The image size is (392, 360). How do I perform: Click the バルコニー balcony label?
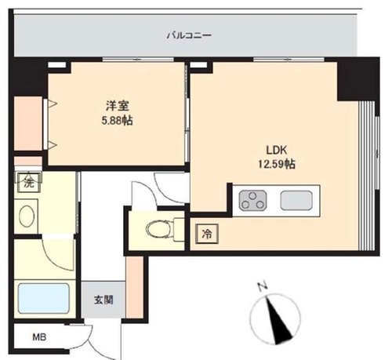point(189,35)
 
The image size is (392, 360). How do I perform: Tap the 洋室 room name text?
point(118,107)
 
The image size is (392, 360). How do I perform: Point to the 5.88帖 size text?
point(117,121)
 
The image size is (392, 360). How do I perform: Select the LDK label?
point(277,151)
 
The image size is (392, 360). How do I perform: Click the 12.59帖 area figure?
point(277,164)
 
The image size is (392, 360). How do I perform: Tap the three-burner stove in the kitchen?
point(252,200)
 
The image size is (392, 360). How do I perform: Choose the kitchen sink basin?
point(296,200)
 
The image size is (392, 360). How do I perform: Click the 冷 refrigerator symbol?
point(207,234)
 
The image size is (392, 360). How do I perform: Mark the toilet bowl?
point(158,229)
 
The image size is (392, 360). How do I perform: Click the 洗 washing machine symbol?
point(29,182)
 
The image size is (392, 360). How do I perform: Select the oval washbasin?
point(27,216)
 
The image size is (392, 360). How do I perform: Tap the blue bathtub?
point(44,298)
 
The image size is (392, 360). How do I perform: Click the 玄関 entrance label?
point(103,300)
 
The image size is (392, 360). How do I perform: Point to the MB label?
point(39,337)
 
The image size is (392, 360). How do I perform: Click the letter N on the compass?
point(263,286)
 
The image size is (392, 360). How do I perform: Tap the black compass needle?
point(278,321)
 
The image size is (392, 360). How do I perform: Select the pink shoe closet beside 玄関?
point(135,287)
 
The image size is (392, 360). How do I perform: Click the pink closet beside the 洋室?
point(28,123)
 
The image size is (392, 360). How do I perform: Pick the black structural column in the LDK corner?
point(358,79)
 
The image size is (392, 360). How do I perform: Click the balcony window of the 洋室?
point(138,60)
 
